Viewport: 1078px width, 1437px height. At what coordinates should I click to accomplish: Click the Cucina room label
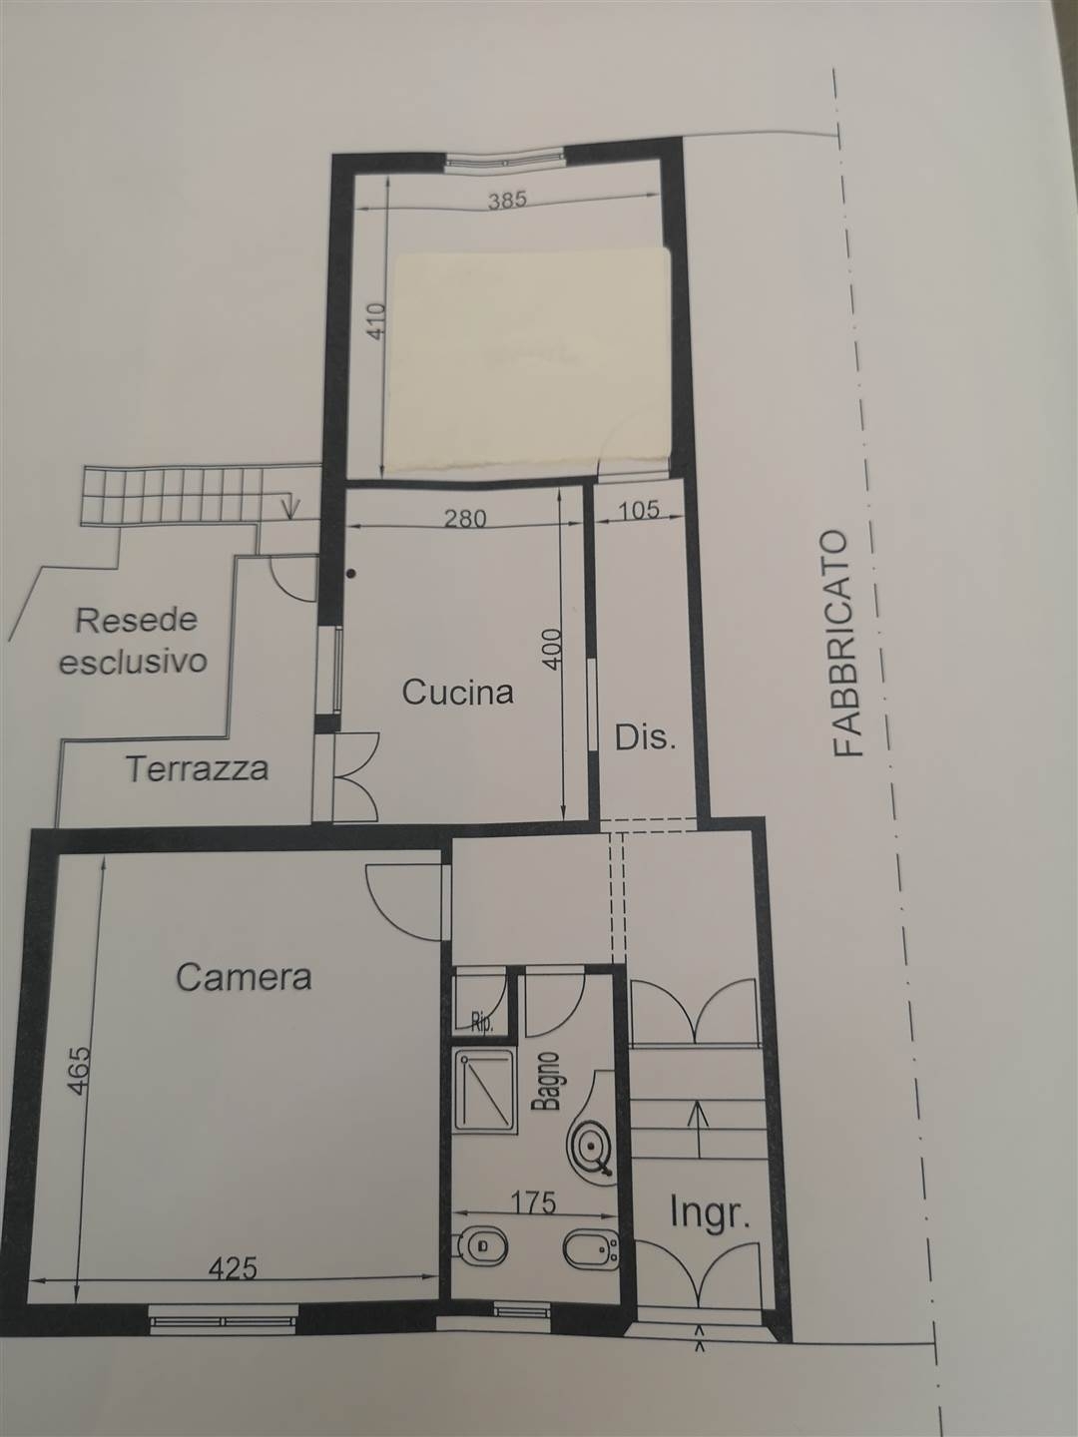(x=457, y=692)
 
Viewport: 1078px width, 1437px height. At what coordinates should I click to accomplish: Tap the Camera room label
(x=244, y=978)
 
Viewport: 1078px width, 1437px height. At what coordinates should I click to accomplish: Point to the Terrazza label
(x=197, y=768)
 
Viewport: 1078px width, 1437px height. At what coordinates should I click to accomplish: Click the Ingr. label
(x=710, y=1213)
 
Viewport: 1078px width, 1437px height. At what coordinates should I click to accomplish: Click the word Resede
(x=137, y=620)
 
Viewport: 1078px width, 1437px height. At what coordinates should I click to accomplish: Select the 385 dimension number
(x=508, y=199)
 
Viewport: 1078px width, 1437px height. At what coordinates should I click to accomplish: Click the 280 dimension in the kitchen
(x=465, y=519)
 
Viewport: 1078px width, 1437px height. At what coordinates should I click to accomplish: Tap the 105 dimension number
(x=639, y=510)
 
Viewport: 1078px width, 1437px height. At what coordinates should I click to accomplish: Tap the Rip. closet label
(x=483, y=1021)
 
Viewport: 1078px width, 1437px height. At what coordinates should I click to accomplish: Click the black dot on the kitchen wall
(x=352, y=574)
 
